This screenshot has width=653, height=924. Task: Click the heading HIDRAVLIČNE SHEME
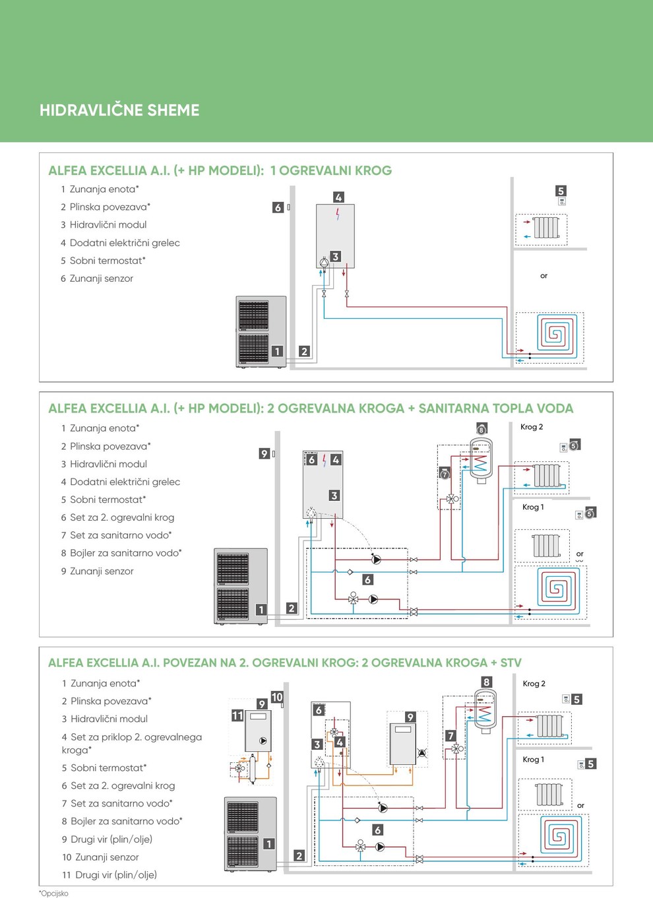click(119, 110)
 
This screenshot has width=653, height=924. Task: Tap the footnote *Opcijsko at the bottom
click(53, 894)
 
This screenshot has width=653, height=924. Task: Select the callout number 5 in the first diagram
click(561, 191)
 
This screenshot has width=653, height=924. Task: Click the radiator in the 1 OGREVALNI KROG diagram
click(546, 228)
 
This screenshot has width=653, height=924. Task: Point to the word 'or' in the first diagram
click(544, 276)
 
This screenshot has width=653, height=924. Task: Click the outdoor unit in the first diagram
click(261, 331)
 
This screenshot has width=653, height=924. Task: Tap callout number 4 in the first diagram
click(338, 197)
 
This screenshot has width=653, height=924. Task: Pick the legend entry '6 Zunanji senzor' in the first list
click(97, 279)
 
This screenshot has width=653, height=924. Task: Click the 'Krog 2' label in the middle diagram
click(532, 427)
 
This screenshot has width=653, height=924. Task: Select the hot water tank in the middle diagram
click(481, 459)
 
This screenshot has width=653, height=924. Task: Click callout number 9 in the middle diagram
click(264, 453)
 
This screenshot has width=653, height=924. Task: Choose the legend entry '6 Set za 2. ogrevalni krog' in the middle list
click(118, 517)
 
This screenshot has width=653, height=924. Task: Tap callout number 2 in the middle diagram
click(292, 609)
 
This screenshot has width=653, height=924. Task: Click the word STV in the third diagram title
click(511, 663)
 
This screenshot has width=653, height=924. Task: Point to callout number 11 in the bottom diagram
click(237, 715)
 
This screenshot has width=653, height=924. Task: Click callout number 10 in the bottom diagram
click(277, 697)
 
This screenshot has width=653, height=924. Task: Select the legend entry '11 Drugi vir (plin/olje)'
click(109, 875)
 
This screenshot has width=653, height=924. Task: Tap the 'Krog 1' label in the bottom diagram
click(533, 760)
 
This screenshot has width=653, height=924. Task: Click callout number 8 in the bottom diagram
click(486, 682)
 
